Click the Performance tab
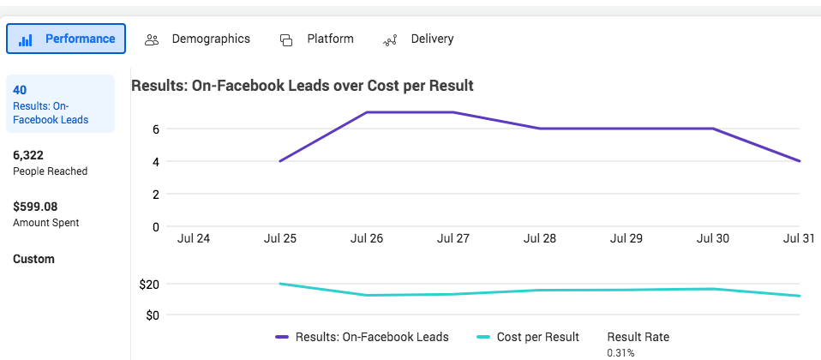pyautogui.click(x=66, y=39)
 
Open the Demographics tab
pyautogui.click(x=198, y=39)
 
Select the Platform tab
pyautogui.click(x=317, y=39)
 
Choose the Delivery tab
pyautogui.click(x=419, y=39)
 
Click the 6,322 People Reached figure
pyautogui.click(x=28, y=155)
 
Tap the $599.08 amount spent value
pyautogui.click(x=35, y=207)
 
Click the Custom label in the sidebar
pyautogui.click(x=33, y=259)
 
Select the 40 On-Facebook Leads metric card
pyautogui.click(x=59, y=104)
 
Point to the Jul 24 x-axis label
pyautogui.click(x=194, y=238)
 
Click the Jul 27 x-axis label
pyautogui.click(x=454, y=238)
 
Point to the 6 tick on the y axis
pyautogui.click(x=156, y=129)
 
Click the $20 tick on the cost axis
pyautogui.click(x=149, y=284)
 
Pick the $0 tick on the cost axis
pyautogui.click(x=153, y=315)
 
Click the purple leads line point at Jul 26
pyautogui.click(x=367, y=112)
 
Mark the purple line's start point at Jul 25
pyautogui.click(x=280, y=161)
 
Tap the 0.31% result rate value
pyautogui.click(x=620, y=352)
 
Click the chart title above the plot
pyautogui.click(x=303, y=86)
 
